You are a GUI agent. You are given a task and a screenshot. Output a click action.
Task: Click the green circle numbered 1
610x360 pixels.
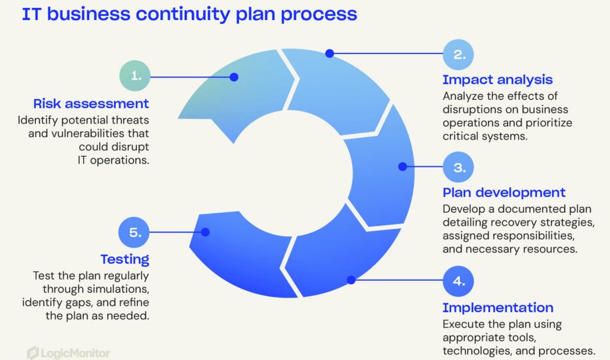[134, 75]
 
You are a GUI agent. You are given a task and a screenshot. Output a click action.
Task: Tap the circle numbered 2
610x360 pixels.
[458, 55]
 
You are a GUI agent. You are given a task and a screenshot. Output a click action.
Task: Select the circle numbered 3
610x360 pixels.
[458, 167]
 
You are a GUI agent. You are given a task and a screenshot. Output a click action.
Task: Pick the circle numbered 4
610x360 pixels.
[458, 281]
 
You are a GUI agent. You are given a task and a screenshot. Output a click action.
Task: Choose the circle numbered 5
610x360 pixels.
[134, 232]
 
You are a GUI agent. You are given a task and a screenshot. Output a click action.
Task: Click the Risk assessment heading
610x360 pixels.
[91, 104]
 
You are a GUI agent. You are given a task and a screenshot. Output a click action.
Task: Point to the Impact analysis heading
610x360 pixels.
[498, 79]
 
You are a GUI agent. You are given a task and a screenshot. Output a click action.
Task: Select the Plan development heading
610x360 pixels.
[504, 192]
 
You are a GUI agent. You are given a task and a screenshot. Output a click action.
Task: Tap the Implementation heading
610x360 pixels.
[498, 307]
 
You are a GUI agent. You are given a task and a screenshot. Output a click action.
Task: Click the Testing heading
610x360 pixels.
[125, 260]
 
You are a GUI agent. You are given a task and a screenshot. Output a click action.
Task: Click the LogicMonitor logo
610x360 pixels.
[69, 353]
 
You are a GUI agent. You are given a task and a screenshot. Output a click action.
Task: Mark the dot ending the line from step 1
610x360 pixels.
[233, 77]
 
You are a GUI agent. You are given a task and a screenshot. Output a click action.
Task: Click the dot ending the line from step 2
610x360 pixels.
[329, 53]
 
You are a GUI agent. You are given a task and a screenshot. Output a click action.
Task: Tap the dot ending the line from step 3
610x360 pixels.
[402, 166]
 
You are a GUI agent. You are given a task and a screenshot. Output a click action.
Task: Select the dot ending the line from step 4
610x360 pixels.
[351, 280]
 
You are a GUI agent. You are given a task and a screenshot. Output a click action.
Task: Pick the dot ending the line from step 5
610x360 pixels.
[206, 232]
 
